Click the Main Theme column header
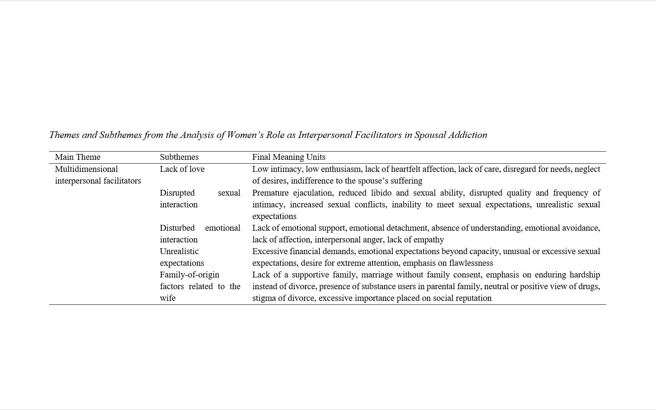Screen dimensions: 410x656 click(x=78, y=157)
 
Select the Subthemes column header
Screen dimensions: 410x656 click(x=179, y=157)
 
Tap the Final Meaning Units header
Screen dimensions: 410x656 click(x=289, y=157)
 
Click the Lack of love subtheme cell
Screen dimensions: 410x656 click(x=182, y=169)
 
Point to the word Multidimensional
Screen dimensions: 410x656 click(x=86, y=169)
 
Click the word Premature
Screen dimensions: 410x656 click(x=270, y=193)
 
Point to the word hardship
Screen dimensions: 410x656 click(x=585, y=275)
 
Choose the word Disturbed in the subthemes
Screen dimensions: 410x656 click(x=177, y=228)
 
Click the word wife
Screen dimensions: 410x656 click(x=168, y=298)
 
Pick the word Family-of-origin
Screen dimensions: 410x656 click(x=190, y=275)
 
